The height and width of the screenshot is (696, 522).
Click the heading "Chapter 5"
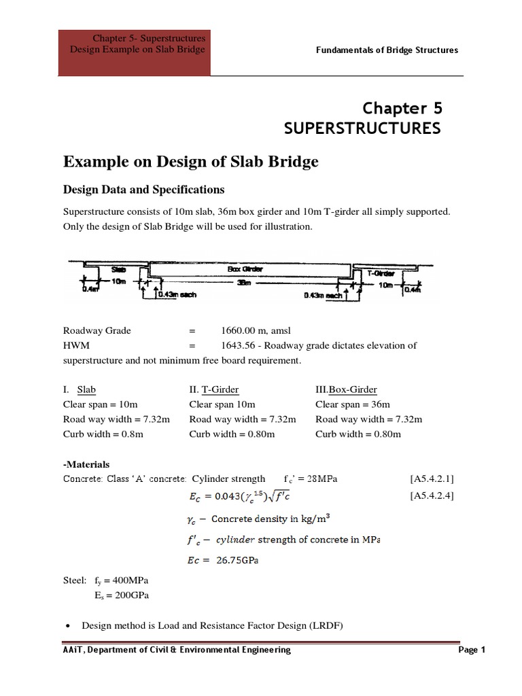pyautogui.click(x=402, y=107)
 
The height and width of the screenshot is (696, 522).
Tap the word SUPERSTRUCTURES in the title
pyautogui.click(x=362, y=128)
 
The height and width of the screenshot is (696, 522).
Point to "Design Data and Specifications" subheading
pyautogui.click(x=143, y=189)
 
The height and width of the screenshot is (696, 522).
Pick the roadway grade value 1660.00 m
pyautogui.click(x=251, y=330)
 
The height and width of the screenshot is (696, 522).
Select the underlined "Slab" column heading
pyautogui.click(x=86, y=389)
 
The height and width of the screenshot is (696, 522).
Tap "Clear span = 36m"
pyautogui.click(x=353, y=404)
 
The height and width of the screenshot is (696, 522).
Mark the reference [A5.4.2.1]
pyautogui.click(x=432, y=479)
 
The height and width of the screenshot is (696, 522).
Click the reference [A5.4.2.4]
pyautogui.click(x=432, y=495)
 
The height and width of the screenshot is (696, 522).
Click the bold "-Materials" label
pyautogui.click(x=86, y=464)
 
